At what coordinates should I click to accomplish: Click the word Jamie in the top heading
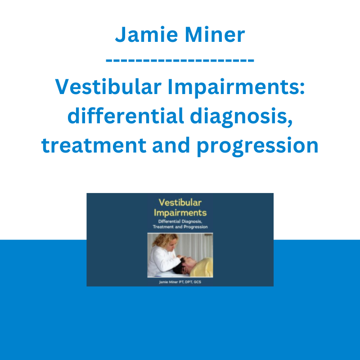[147, 35]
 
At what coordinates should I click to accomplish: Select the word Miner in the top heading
[215, 35]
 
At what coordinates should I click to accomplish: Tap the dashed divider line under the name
[180, 61]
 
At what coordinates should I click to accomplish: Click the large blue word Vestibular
[108, 86]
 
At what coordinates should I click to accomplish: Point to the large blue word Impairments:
[236, 87]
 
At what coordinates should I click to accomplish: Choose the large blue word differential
[126, 116]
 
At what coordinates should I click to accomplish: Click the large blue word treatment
[94, 145]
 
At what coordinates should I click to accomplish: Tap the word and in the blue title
[171, 145]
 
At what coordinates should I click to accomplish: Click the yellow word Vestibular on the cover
[180, 202]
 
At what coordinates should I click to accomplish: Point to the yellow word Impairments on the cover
[180, 213]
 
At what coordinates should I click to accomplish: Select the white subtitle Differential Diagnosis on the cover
[180, 221]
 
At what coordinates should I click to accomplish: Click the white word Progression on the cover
[196, 227]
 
